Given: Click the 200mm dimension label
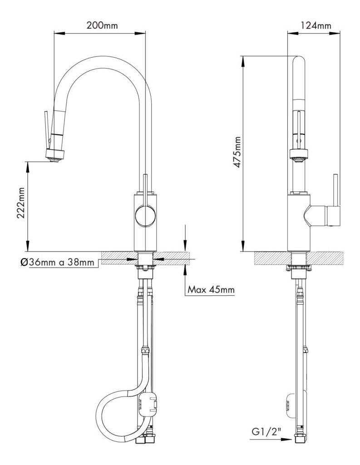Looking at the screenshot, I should coord(102,25).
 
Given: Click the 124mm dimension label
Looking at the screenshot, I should coord(316,25).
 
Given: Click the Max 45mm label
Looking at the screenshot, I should coord(212,289).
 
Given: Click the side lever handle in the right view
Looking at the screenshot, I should coord(336,200).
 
